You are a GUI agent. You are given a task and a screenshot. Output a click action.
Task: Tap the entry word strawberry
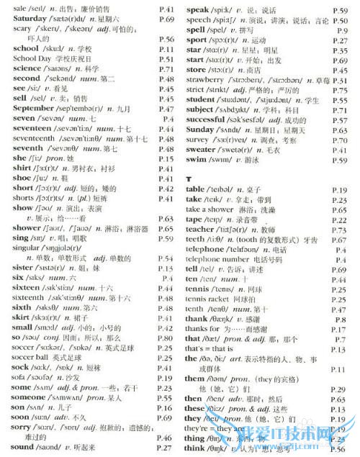point(210,81)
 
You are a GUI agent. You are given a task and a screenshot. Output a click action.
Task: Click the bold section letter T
point(188,178)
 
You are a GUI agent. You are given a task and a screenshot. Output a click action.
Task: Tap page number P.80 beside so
point(165,338)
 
